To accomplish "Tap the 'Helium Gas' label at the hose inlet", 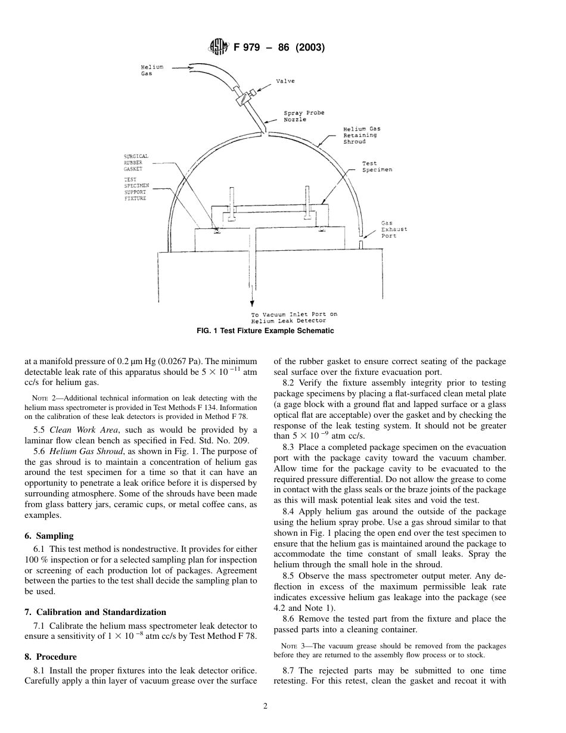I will [151, 70].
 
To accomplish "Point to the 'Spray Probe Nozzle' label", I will [303, 116].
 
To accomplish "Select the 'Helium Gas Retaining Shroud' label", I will [362, 135].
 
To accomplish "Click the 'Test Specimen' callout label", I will [377, 166].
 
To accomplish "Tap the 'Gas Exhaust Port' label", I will [394, 229].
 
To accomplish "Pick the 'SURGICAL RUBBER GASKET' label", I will [136, 163].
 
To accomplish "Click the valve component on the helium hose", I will [245, 97].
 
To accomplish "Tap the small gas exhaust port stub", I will [361, 244].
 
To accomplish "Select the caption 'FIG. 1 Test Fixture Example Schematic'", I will [265, 331].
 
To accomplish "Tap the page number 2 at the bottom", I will [266, 707].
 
